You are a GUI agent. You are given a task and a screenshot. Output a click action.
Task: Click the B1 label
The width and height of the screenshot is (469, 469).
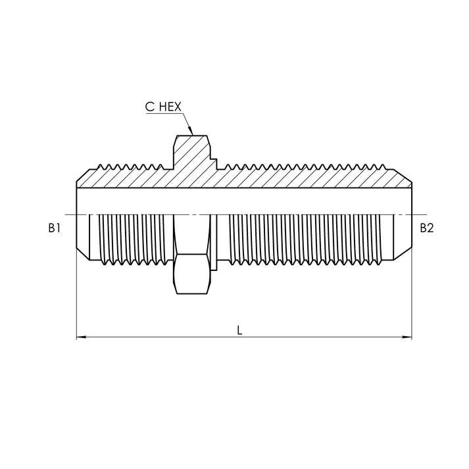55,228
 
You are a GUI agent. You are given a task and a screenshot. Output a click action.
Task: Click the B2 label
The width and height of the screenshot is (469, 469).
426,228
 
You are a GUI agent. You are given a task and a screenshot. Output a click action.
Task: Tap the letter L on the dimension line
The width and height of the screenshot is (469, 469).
239,330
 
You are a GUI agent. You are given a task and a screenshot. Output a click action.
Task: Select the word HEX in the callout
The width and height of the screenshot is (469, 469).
170,107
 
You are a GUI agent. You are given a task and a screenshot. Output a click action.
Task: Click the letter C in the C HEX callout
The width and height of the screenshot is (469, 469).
149,107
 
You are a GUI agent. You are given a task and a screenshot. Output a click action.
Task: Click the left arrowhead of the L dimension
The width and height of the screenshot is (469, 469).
82,337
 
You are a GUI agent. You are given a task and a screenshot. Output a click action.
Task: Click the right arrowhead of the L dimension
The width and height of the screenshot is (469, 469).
407,337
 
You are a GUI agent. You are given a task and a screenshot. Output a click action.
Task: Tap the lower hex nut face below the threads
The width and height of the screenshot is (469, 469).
191,274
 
